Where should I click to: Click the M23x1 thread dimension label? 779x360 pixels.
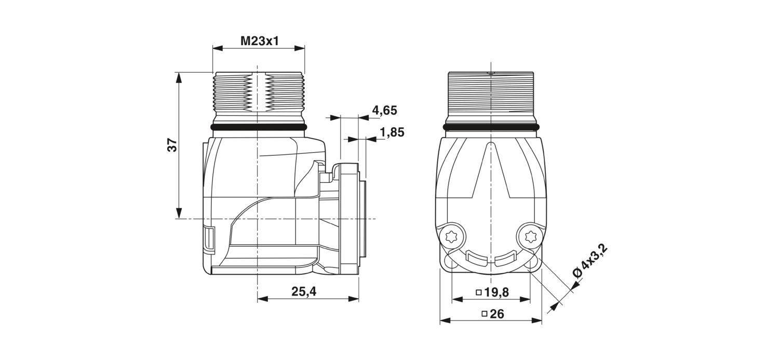click(x=260, y=42)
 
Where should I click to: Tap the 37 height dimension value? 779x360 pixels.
click(x=173, y=145)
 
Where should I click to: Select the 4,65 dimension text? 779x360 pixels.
click(x=384, y=111)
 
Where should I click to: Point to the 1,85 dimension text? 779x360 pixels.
click(x=392, y=132)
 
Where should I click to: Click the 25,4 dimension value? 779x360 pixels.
click(x=304, y=291)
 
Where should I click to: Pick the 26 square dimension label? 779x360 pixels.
click(x=493, y=314)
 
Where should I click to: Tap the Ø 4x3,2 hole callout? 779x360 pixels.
click(x=590, y=261)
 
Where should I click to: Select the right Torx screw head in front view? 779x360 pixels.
click(x=529, y=237)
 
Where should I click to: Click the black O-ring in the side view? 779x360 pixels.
click(x=259, y=127)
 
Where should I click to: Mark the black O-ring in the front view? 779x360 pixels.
click(x=491, y=127)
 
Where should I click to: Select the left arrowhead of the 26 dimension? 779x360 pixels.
click(x=446, y=320)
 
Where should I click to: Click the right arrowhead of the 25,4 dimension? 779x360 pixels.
click(x=353, y=298)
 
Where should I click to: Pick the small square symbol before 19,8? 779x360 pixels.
click(x=479, y=292)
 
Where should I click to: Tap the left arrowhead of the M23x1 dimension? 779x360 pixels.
click(x=218, y=48)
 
